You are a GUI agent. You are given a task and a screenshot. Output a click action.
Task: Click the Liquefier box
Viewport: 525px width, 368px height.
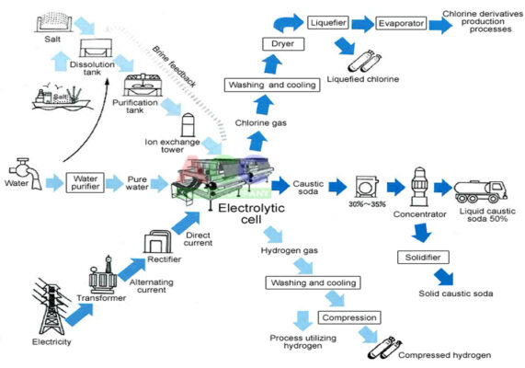328,22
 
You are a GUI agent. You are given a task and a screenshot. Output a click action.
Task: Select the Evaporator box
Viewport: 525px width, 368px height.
401,23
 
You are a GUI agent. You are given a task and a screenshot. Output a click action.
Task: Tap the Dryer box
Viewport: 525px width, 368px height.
283,44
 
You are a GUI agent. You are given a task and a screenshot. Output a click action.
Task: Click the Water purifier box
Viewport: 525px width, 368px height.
85,182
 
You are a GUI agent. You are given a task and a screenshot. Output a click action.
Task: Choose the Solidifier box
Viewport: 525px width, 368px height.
423,257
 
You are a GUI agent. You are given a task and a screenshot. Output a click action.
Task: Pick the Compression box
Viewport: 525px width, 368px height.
349,317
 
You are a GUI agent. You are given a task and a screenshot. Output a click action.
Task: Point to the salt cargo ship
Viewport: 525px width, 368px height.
61,98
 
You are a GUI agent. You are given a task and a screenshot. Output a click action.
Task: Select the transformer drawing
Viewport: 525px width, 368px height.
103,275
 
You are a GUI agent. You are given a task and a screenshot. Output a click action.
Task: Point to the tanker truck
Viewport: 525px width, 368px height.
481,191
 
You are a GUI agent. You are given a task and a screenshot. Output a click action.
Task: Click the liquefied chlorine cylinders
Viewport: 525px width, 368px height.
365,61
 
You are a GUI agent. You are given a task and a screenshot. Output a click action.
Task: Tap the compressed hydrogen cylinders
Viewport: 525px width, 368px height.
384,349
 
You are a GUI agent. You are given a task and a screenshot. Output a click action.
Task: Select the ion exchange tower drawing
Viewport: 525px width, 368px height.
188,125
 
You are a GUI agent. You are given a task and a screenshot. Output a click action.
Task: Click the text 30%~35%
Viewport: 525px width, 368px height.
367,204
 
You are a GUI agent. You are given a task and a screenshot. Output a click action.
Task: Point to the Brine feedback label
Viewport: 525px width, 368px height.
174,66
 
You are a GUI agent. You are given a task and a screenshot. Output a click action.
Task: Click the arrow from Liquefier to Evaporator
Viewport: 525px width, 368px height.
362,24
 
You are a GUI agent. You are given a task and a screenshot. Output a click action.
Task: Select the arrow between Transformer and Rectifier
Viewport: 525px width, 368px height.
131,270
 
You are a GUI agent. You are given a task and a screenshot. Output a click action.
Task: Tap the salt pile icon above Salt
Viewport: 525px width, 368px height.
52,22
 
